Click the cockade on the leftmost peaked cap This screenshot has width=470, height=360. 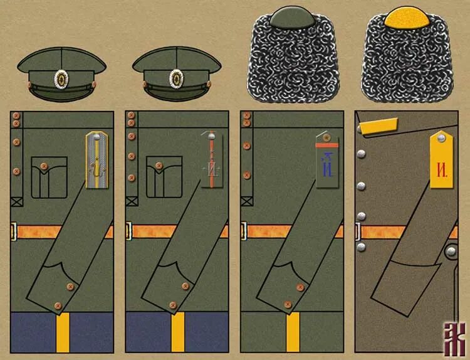61,78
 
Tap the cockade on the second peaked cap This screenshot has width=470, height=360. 176,78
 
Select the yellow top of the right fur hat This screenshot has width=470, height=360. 404,17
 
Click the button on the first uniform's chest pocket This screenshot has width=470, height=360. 44,166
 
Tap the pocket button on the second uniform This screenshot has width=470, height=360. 159,166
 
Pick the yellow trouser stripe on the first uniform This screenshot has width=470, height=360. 62,332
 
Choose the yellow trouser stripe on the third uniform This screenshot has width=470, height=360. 293,332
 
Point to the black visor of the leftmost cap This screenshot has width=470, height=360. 61,94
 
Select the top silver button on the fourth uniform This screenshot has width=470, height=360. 362,129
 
